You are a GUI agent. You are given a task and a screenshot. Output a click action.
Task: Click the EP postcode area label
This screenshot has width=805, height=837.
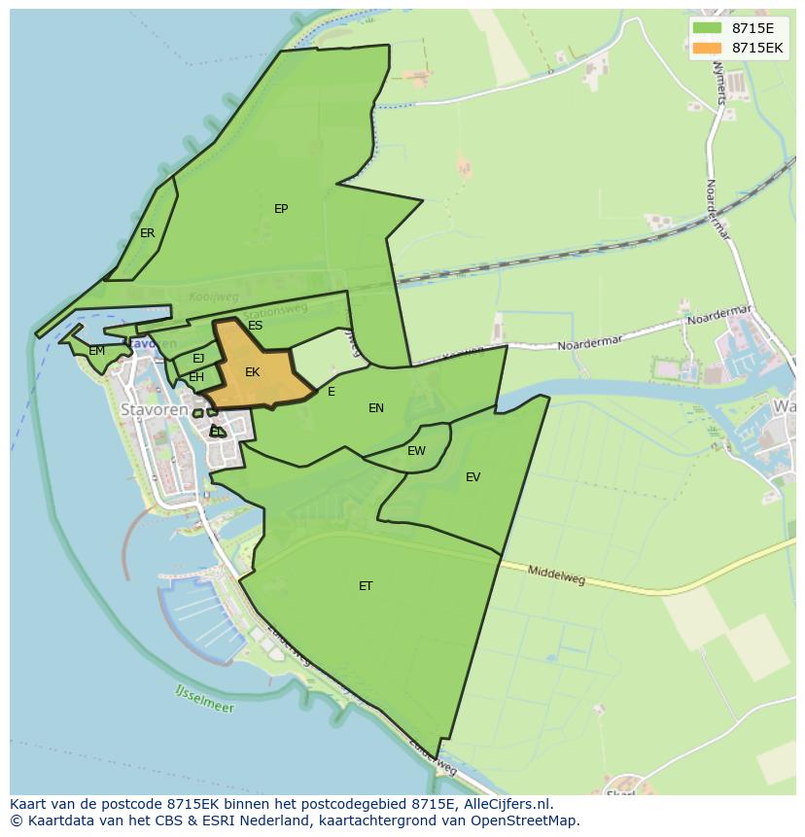coord(281,209)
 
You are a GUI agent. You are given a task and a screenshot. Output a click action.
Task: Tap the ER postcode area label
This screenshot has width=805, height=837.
coord(147,233)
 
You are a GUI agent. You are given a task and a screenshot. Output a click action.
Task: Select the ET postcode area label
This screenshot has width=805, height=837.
coord(366,586)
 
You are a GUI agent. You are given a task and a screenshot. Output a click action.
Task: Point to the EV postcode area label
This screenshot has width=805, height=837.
coord(472,477)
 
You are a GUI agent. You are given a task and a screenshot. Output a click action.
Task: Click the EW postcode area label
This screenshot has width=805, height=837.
coord(416,451)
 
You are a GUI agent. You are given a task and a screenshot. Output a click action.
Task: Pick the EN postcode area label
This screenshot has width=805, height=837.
coord(376,408)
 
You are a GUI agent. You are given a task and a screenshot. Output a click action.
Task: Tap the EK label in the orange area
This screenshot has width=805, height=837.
coord(253,372)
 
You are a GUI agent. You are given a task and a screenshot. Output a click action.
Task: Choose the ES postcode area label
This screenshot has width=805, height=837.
coord(255,326)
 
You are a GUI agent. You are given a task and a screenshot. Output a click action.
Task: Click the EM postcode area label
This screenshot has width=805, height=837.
coord(96,351)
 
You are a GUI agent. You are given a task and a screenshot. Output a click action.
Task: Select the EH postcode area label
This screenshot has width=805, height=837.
coord(196,377)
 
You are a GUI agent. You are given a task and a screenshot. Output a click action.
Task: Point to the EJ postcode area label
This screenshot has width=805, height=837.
coord(198,359)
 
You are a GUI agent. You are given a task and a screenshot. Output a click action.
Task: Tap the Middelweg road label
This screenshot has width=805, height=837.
coord(556,575)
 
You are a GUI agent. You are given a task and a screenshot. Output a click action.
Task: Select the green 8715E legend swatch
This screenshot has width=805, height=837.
coord(708,28)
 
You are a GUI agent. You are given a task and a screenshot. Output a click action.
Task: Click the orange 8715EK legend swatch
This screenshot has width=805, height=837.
coord(708,48)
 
